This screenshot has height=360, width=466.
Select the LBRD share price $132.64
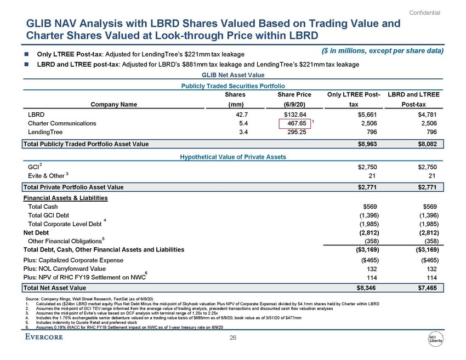coord(295,115)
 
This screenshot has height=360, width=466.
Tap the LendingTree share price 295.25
coord(295,132)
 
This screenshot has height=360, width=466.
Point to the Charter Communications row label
coord(62,124)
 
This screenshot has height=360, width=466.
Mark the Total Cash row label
coord(42,207)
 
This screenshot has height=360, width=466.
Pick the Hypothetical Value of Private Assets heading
coord(233,157)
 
